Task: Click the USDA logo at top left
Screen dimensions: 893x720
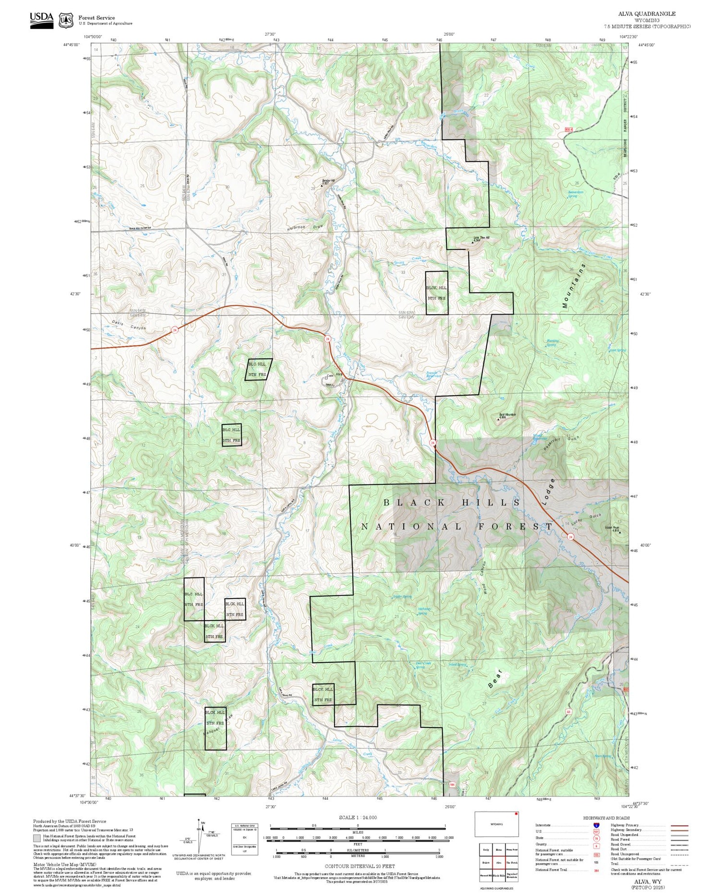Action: tap(41, 20)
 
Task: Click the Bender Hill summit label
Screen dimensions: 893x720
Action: tap(328, 181)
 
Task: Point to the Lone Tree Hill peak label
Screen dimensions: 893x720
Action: tap(481, 238)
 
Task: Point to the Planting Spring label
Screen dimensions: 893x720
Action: tap(552, 343)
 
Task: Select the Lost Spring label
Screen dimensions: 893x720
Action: tap(617, 350)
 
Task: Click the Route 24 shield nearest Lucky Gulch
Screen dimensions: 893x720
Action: tap(570, 537)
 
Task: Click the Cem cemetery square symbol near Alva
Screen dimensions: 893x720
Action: tap(326, 378)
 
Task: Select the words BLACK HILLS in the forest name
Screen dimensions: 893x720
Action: tap(451, 503)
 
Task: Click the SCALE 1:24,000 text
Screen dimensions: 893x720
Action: tap(358, 818)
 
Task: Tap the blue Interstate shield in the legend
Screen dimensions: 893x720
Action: tap(596, 825)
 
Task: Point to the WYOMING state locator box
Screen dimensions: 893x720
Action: tap(496, 824)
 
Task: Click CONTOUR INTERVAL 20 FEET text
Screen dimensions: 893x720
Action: tap(360, 866)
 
